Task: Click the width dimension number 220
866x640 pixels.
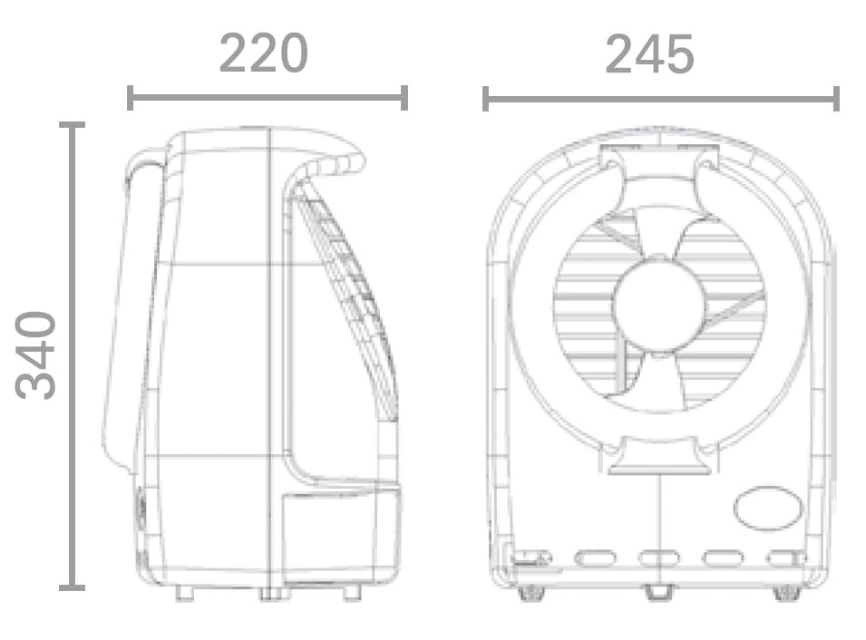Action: [263, 53]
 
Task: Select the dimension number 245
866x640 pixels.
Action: [649, 53]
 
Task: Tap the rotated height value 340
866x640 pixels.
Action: [36, 355]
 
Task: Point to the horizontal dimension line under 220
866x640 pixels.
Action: [268, 98]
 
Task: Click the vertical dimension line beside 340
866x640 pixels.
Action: [72, 356]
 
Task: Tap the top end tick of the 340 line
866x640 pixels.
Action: [72, 125]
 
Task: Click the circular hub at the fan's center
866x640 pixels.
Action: [658, 304]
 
